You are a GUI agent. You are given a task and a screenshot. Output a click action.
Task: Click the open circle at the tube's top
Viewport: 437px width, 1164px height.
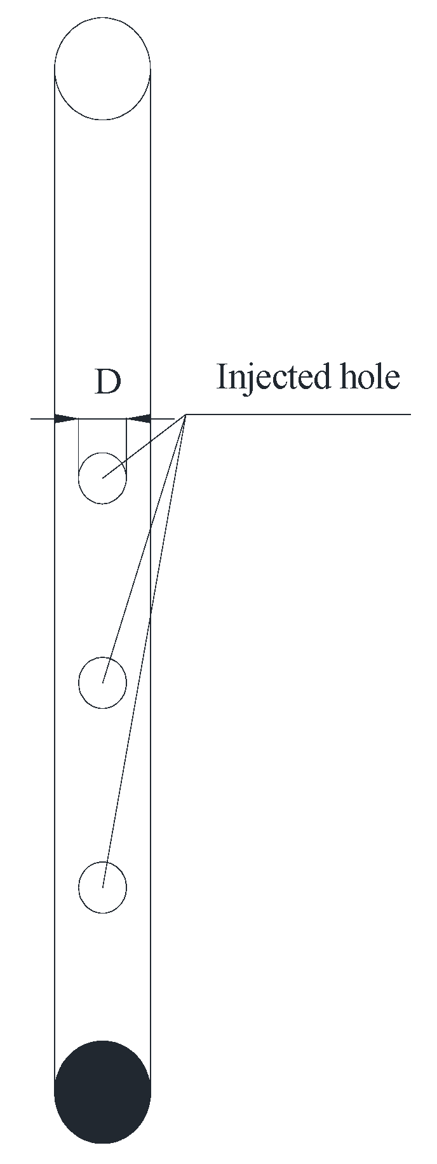point(102,68)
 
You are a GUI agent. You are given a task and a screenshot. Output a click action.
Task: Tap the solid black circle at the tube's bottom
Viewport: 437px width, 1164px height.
point(102,1091)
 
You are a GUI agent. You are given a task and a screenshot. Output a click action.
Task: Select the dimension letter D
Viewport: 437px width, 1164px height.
point(107,382)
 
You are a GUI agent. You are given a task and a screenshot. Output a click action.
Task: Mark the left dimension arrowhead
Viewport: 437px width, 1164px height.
point(66,418)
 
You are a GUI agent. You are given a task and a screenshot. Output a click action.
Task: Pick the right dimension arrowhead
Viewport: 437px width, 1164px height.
point(139,418)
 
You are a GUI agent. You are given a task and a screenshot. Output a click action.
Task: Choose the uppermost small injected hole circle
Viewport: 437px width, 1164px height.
point(102,478)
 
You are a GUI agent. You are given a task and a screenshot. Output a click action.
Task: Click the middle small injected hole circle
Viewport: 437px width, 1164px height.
point(102,683)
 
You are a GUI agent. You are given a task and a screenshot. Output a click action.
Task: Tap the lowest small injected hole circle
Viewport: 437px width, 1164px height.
point(102,887)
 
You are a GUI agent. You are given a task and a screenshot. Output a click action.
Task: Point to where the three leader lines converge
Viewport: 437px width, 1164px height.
point(185,414)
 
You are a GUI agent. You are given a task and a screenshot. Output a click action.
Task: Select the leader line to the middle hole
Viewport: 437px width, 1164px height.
point(145,547)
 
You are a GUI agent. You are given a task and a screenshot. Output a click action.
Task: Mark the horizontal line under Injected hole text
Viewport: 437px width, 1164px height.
point(299,414)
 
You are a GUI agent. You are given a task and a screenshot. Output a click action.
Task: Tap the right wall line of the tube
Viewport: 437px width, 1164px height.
point(151,254)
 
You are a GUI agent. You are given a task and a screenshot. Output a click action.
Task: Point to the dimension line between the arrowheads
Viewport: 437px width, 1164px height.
point(102,418)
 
